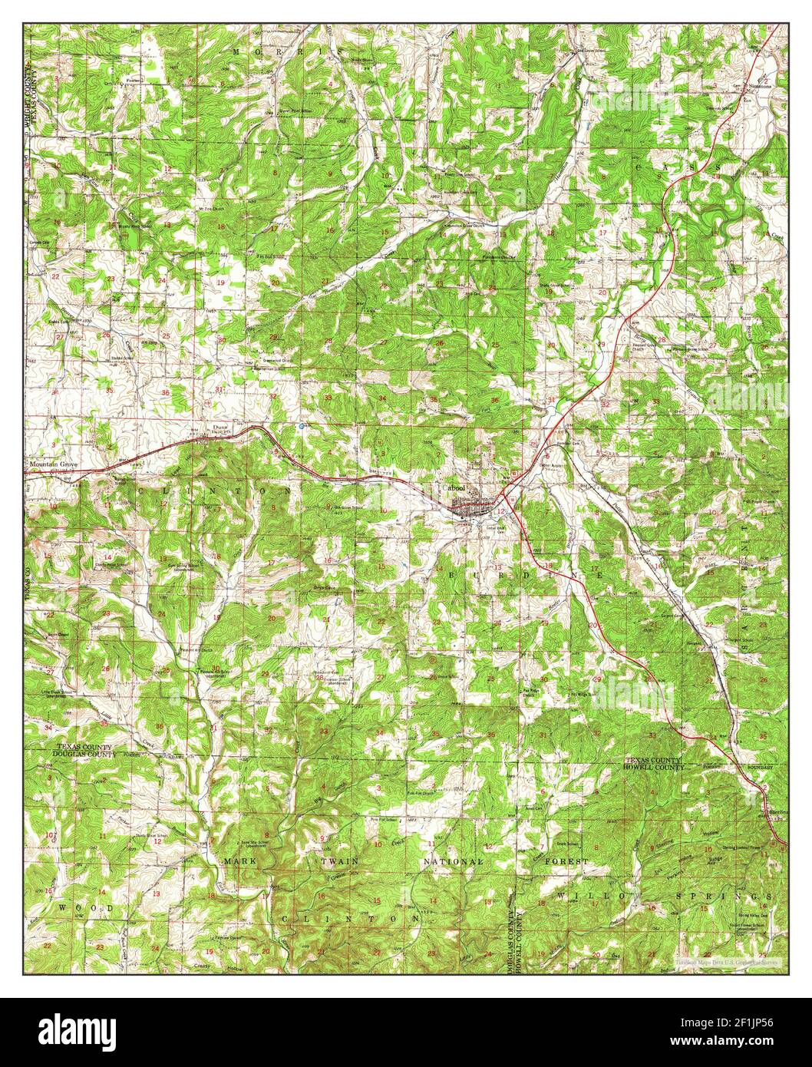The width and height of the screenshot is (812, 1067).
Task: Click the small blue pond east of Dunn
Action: (x=302, y=425)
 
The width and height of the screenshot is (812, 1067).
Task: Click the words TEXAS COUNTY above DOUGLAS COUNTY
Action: (x=84, y=747)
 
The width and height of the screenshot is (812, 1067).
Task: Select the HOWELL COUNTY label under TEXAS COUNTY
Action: (x=652, y=766)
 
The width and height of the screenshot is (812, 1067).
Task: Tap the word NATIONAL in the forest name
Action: (x=454, y=862)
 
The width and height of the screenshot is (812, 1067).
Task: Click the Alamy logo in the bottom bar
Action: (x=79, y=1029)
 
